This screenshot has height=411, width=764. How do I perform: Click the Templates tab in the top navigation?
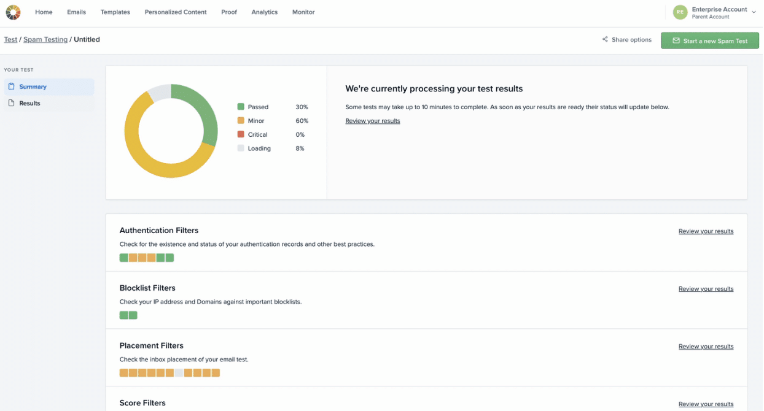pyautogui.click(x=115, y=12)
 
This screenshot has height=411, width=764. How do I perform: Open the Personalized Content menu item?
pyautogui.click(x=175, y=12)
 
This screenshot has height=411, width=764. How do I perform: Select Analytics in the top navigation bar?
pyautogui.click(x=264, y=12)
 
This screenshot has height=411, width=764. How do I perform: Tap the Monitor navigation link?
pyautogui.click(x=303, y=12)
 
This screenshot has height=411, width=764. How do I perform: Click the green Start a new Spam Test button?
pyautogui.click(x=710, y=40)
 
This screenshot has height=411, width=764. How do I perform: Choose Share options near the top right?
pyautogui.click(x=626, y=39)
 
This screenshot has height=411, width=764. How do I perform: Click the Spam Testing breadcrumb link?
pyautogui.click(x=45, y=39)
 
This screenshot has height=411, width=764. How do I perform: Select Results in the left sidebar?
pyautogui.click(x=29, y=103)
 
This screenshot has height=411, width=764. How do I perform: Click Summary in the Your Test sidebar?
pyautogui.click(x=33, y=86)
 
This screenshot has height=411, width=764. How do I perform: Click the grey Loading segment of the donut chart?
pyautogui.click(x=160, y=91)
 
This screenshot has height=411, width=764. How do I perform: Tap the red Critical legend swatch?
pyautogui.click(x=241, y=134)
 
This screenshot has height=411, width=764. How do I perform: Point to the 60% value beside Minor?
pyautogui.click(x=302, y=121)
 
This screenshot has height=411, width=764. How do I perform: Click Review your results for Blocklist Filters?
pyautogui.click(x=706, y=289)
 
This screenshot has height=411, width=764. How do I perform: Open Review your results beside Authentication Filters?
pyautogui.click(x=706, y=231)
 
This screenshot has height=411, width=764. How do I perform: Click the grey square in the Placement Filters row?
pyautogui.click(x=179, y=373)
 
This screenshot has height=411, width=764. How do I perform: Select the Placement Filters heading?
pyautogui.click(x=152, y=345)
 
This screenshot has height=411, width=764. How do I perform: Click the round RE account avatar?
pyautogui.click(x=680, y=12)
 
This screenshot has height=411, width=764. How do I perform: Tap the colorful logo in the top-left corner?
pyautogui.click(x=13, y=12)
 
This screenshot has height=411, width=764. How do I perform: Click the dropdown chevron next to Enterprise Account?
pyautogui.click(x=754, y=12)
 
